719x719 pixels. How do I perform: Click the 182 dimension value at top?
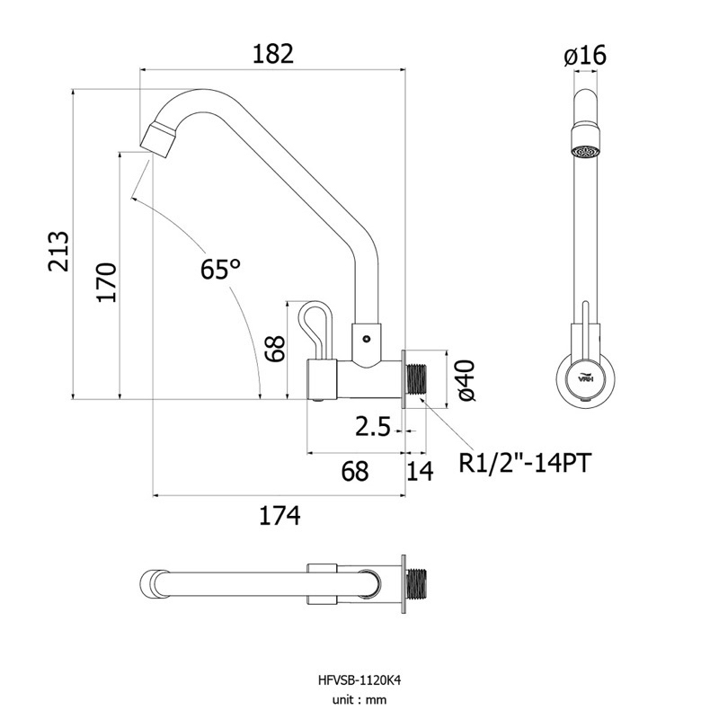[273, 54]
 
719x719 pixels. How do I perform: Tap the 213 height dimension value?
[58, 252]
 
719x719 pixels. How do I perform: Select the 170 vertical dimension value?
[107, 282]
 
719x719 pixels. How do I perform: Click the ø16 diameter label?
[585, 56]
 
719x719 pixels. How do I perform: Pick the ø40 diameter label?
[465, 380]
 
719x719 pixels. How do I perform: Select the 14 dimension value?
[420, 471]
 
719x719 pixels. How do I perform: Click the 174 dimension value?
[280, 515]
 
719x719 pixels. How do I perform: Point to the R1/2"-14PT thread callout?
[525, 463]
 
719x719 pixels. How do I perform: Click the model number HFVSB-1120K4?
[359, 680]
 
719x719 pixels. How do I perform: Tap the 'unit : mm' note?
[359, 700]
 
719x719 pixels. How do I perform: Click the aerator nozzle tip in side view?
[158, 138]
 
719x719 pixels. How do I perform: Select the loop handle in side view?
[315, 328]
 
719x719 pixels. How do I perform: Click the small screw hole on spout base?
[366, 339]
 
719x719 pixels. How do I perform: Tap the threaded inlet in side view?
[416, 380]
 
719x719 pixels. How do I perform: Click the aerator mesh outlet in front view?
[586, 151]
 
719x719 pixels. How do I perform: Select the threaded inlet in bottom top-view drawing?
[416, 582]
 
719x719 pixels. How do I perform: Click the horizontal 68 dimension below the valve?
[355, 470]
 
